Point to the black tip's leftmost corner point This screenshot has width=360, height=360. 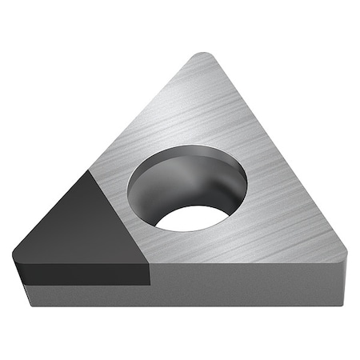coord(15,258)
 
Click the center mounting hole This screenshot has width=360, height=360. coord(186,187)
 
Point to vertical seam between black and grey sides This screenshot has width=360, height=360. coord(151,276)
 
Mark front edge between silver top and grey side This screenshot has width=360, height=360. coord(240,264)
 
